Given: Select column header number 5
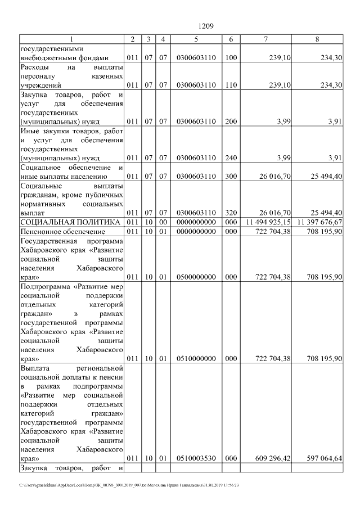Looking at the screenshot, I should pyautogui.click(x=195, y=39).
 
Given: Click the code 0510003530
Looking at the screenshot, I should pyautogui.click(x=195, y=458).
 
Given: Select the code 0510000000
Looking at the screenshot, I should pyautogui.click(x=195, y=358).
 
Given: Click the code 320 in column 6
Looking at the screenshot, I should pyautogui.click(x=231, y=213).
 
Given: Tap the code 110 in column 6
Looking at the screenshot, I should pyautogui.click(x=231, y=85).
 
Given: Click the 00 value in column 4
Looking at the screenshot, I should pyautogui.click(x=163, y=223).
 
